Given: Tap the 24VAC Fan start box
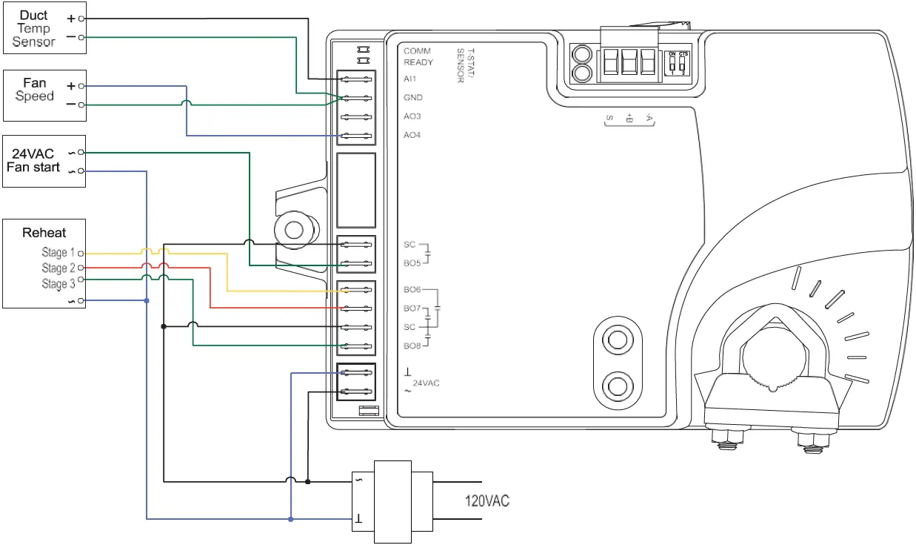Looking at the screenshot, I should [44, 161].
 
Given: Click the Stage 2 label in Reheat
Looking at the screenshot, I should [58, 268].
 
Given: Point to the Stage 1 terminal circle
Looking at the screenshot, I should [80, 253].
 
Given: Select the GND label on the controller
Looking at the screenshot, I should [413, 97].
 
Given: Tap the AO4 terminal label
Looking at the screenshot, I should [412, 135].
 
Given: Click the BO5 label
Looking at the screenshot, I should [412, 262].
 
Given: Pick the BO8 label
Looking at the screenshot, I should [412, 346].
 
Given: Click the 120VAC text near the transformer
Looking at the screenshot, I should [487, 502].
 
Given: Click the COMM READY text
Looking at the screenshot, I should [418, 56].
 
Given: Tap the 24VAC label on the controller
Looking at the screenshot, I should [426, 383].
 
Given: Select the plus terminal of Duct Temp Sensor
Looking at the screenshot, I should [81, 18].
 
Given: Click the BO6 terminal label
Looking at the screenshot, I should [412, 290].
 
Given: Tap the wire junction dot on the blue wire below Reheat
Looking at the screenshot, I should [147, 301].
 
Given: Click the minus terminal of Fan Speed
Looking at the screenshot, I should [81, 105].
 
